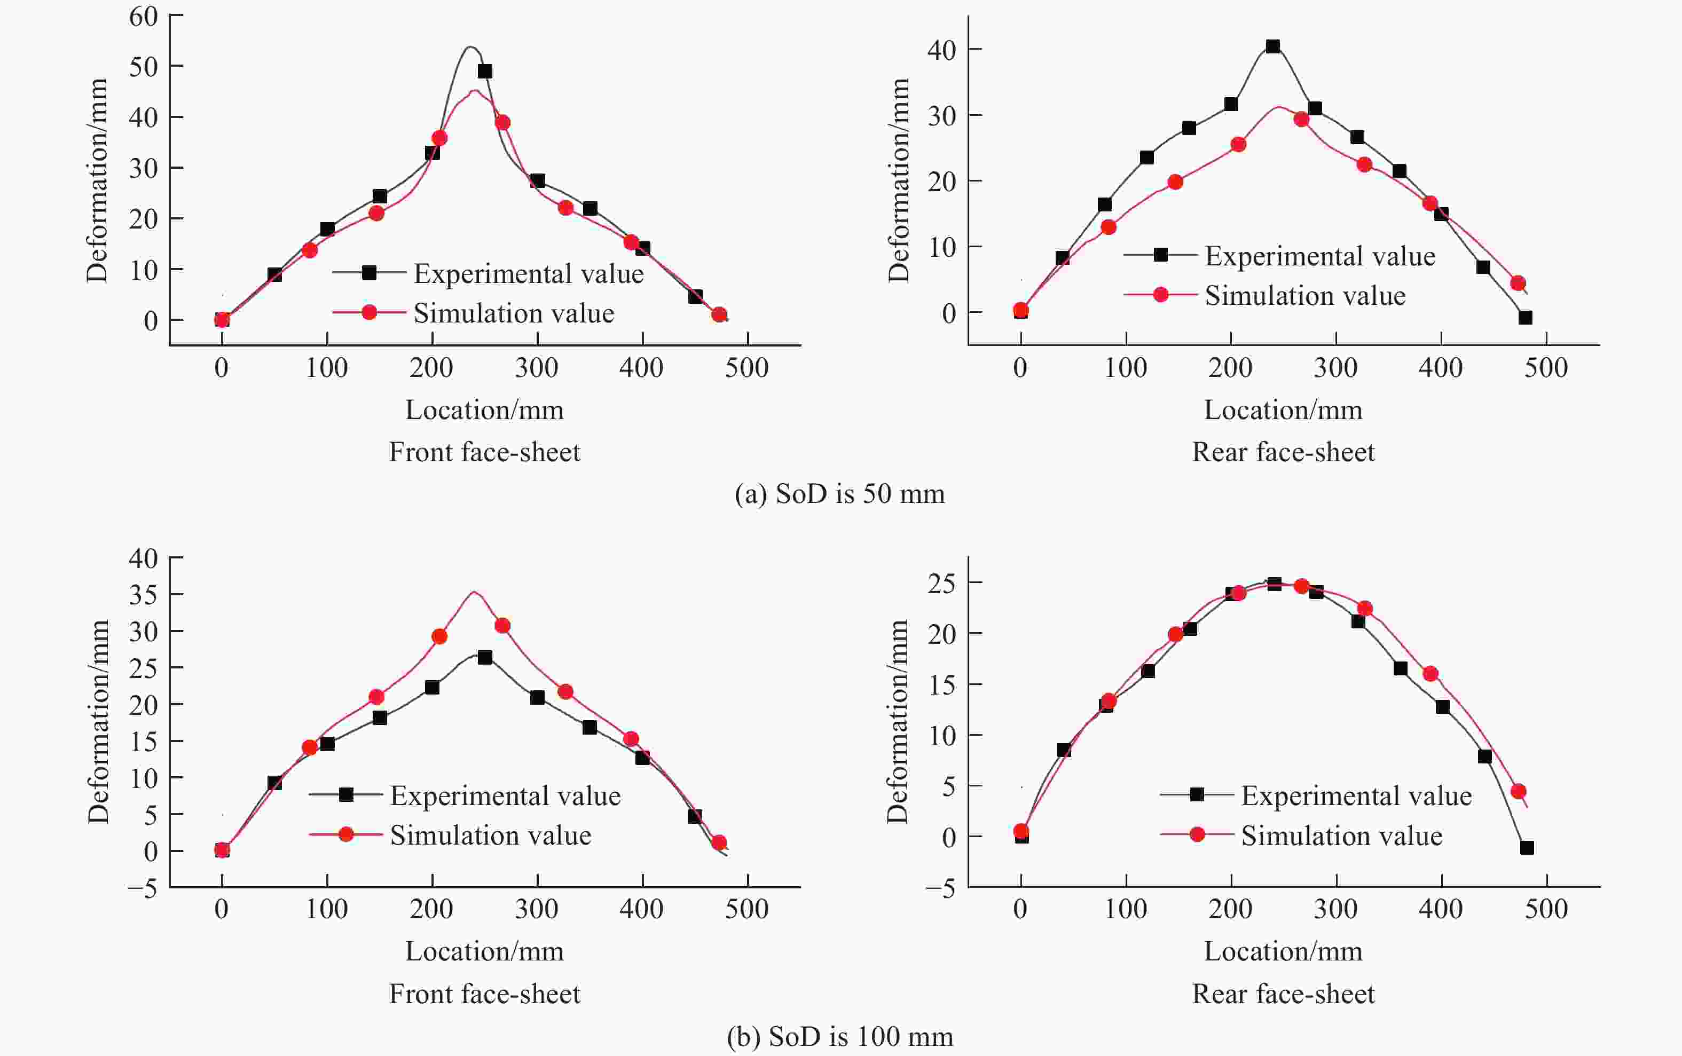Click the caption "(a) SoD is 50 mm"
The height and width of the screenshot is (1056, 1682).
839,494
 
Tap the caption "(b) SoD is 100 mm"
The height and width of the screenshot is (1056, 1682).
839,1036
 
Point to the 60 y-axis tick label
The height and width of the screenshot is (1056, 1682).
143,16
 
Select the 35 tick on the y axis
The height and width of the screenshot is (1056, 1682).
143,594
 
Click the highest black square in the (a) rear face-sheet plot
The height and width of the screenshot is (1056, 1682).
1272,47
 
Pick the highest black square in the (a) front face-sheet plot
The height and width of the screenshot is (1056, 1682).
485,71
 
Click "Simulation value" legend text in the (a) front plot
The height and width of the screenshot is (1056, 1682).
513,313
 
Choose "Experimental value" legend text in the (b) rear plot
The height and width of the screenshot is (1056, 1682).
1356,795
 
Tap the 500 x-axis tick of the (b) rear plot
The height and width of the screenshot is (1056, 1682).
1546,909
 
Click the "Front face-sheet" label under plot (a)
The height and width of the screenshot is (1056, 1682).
484,452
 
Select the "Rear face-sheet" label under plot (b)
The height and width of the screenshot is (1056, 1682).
1283,994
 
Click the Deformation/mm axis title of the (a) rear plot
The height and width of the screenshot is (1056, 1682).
898,180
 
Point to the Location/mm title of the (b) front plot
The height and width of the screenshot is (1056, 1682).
484,951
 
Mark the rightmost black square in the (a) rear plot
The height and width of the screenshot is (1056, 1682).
1525,318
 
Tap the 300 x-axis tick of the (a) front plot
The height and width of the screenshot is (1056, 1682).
537,368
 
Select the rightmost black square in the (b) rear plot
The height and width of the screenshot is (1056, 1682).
1526,848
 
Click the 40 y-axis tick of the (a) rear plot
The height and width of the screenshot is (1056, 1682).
941,50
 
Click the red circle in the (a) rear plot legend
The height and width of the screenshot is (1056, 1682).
1160,295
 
